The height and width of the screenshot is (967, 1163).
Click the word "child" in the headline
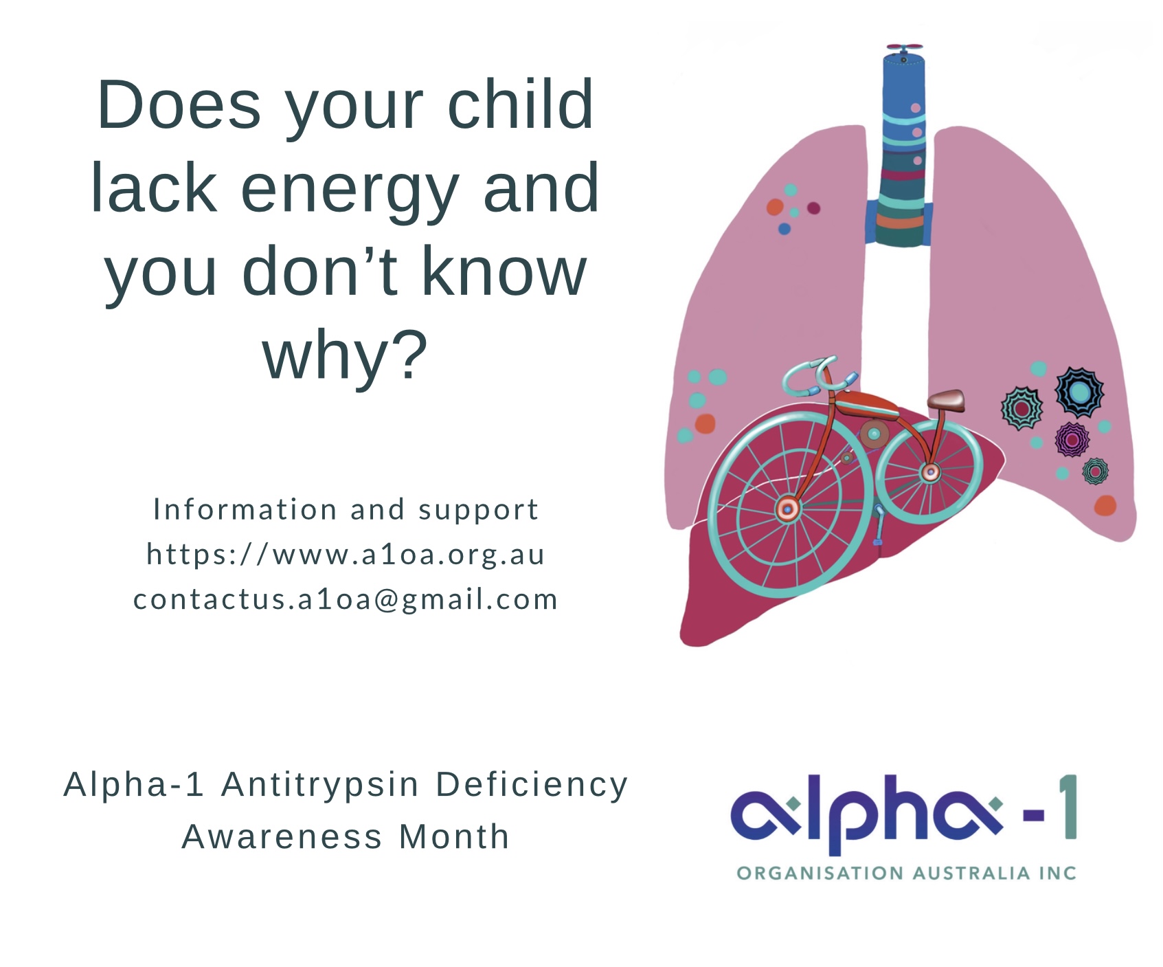[x=520, y=104]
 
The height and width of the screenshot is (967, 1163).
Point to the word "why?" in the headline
[x=346, y=355]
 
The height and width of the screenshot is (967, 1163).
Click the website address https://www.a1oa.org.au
[x=346, y=554]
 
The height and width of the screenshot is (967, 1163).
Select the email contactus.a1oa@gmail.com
[x=346, y=599]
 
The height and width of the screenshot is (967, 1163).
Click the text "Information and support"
[x=346, y=509]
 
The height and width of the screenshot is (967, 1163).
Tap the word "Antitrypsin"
[x=320, y=785]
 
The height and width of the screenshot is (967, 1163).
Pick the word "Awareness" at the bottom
[x=282, y=837]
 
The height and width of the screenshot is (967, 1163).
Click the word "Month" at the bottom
[x=454, y=837]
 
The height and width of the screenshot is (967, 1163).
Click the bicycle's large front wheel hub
[x=788, y=509]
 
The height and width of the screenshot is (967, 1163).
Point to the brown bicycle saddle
[x=946, y=399]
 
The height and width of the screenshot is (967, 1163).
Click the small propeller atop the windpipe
[x=904, y=48]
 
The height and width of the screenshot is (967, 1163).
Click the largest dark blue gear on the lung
[x=1079, y=392]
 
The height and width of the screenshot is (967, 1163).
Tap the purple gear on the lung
[x=1072, y=439]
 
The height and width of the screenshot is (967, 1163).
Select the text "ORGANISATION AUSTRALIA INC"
[x=906, y=874]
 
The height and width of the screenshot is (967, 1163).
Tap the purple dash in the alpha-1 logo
[x=1033, y=815]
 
